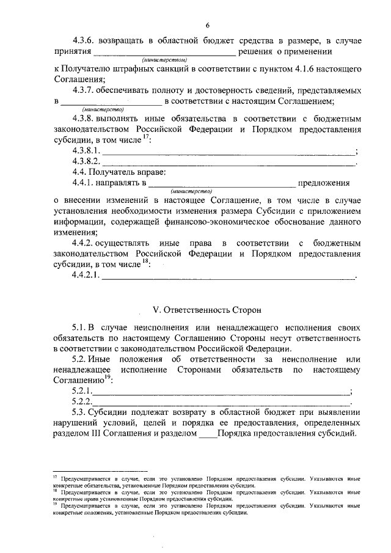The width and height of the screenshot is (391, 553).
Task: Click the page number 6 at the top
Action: pyautogui.click(x=207, y=24)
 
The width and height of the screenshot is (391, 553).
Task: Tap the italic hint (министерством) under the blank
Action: pyautogui.click(x=164, y=60)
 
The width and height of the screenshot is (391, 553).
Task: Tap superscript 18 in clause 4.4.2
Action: pyautogui.click(x=145, y=262)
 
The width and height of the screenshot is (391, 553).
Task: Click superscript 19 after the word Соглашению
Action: pyautogui.click(x=106, y=377)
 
